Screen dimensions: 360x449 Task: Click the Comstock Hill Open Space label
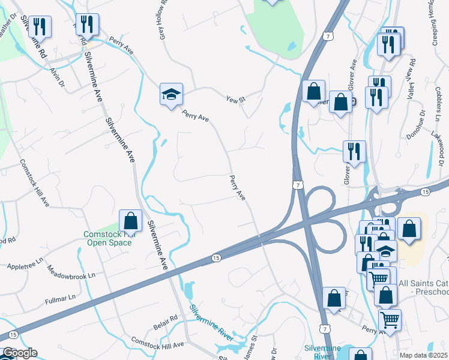(105, 238)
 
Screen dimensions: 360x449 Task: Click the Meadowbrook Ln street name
(71, 272)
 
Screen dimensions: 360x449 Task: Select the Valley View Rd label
(412, 78)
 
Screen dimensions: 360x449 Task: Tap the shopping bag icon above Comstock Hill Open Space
(131, 221)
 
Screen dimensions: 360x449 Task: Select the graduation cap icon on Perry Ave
(171, 94)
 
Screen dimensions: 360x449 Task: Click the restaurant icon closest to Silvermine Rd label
(40, 26)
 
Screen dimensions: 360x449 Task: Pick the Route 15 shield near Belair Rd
(215, 258)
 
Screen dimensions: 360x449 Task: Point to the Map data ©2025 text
(423, 355)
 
